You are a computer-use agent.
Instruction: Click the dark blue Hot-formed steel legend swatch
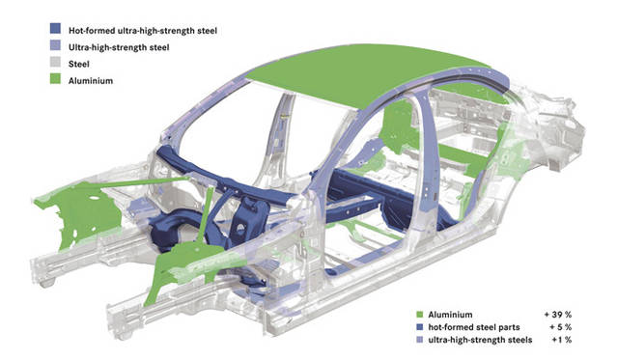(x=56, y=28)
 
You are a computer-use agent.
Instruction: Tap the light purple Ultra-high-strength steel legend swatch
(x=56, y=45)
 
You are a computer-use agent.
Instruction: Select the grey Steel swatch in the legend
(x=56, y=62)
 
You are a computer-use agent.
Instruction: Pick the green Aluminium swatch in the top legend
(x=56, y=79)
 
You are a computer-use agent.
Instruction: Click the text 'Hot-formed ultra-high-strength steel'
(x=143, y=31)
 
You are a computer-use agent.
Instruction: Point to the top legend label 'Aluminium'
(x=91, y=81)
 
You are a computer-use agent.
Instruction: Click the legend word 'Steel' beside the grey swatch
(x=79, y=64)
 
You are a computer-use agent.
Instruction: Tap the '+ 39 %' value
(x=558, y=315)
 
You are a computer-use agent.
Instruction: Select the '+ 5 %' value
(x=560, y=327)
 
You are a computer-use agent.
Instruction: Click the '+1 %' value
(x=562, y=340)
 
